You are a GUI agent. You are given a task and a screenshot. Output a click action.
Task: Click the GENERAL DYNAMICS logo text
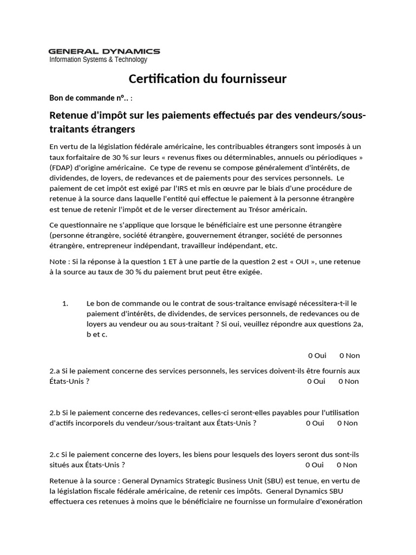[105, 51]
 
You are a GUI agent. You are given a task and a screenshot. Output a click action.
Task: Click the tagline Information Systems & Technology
[98, 60]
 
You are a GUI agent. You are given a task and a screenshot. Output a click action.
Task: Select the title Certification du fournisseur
[207, 79]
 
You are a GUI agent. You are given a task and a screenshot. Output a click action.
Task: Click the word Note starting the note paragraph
[58, 262]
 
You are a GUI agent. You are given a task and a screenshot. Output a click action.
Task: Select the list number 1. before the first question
[66, 304]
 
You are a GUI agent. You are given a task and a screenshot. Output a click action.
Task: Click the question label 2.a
[54, 371]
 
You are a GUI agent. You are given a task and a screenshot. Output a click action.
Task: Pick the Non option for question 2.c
[347, 465]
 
